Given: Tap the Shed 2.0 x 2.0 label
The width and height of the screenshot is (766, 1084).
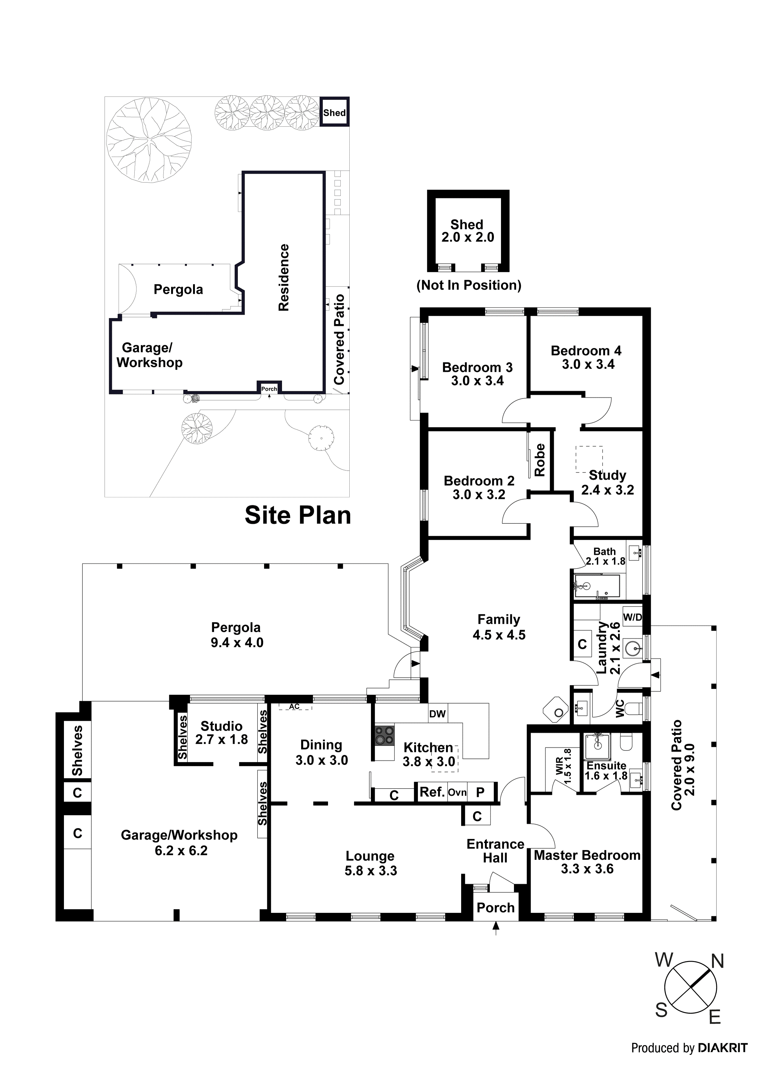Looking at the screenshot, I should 467,231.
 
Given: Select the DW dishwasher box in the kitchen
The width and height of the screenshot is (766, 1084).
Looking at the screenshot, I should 437,714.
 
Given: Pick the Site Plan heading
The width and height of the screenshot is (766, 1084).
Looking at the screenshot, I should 298,515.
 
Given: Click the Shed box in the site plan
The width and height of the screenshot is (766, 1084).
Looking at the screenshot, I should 334,112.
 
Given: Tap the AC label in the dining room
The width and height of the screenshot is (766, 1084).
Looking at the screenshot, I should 294,707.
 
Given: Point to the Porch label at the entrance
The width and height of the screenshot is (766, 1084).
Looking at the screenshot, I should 495,908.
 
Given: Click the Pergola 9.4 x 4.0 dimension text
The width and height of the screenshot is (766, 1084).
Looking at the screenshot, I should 237,642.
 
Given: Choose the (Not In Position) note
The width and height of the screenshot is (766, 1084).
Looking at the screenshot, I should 469,285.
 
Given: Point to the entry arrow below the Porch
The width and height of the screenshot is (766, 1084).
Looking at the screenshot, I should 495,929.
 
